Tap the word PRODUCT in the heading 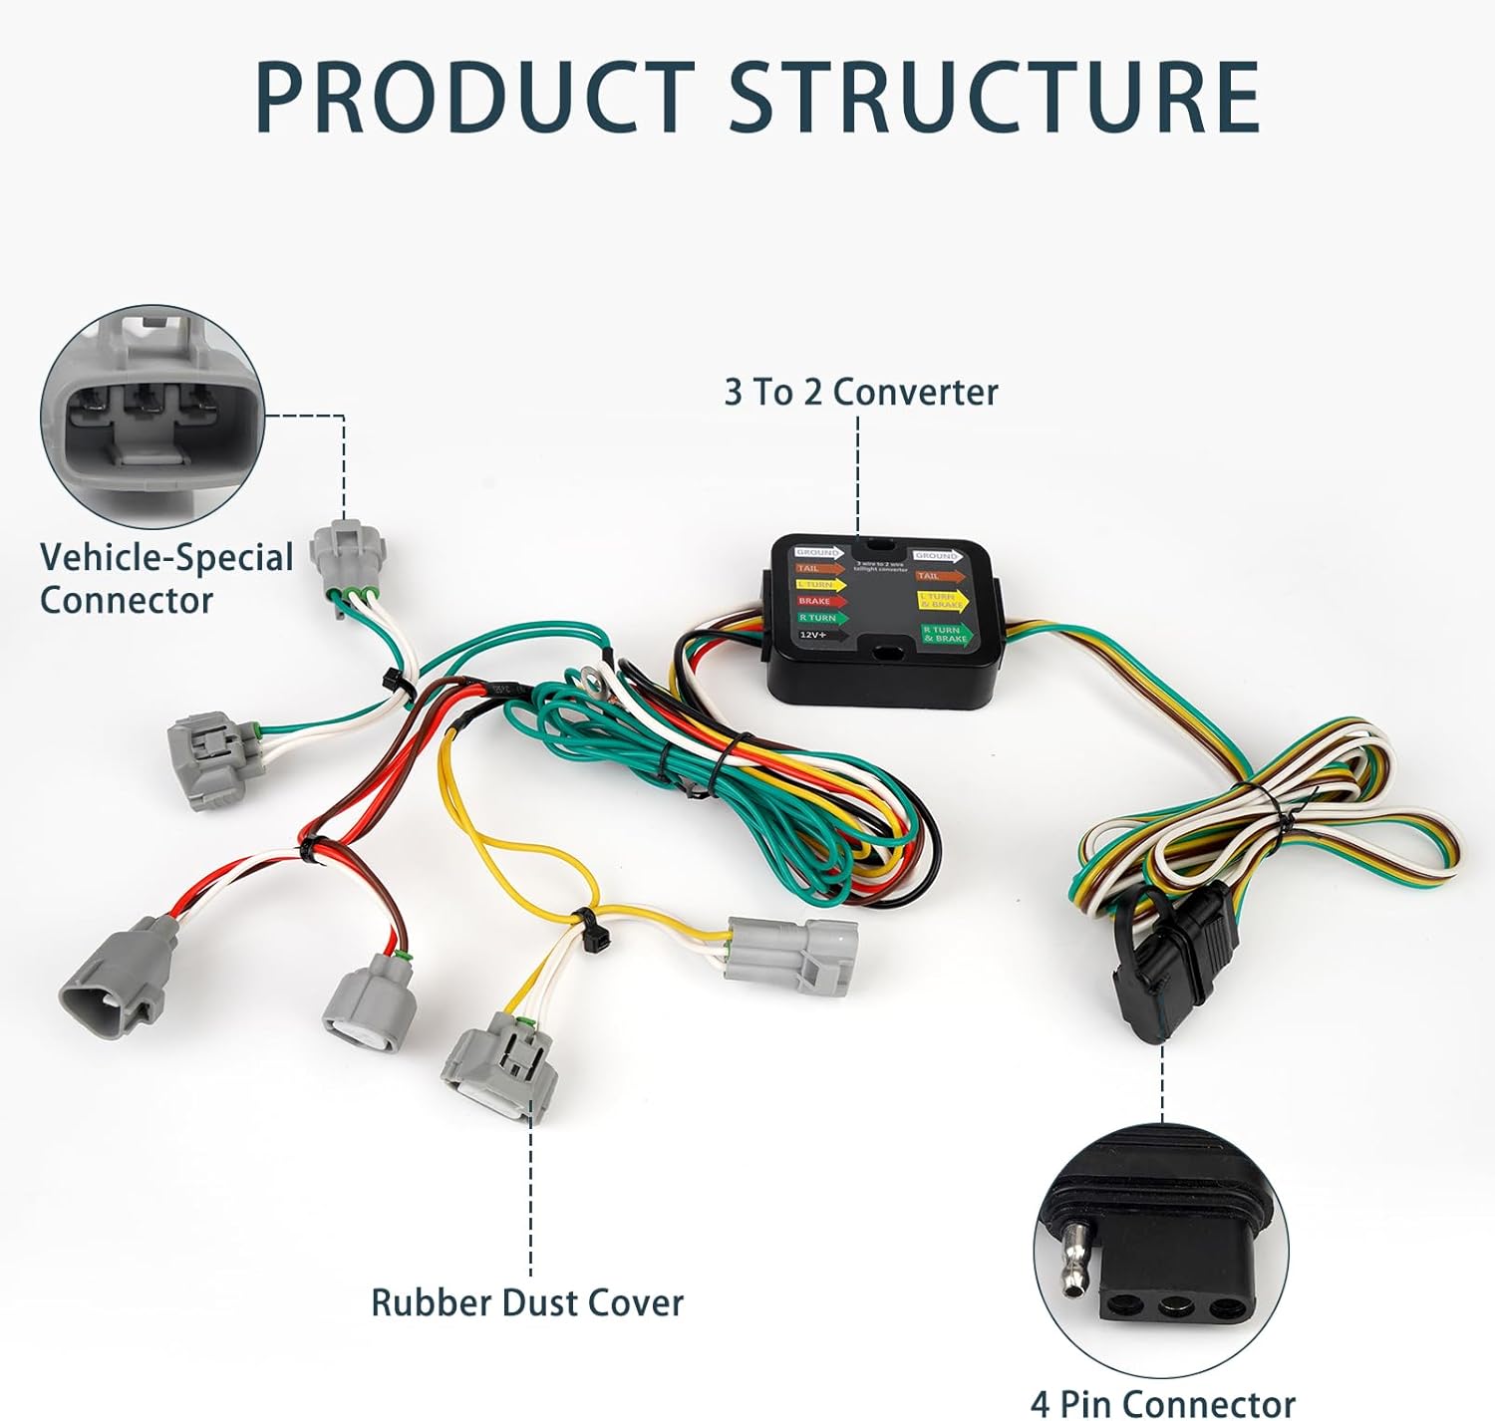pyautogui.click(x=474, y=97)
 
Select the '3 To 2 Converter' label pyautogui.click(x=860, y=393)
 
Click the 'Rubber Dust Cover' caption pyautogui.click(x=526, y=1302)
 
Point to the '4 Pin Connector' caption pyautogui.click(x=1162, y=1402)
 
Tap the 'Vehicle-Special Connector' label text pyautogui.click(x=165, y=578)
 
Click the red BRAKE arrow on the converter pyautogui.click(x=819, y=601)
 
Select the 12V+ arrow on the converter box pyautogui.click(x=819, y=634)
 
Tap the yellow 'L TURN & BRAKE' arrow pyautogui.click(x=942, y=601)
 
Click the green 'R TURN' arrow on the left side pyautogui.click(x=820, y=618)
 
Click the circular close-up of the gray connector pyautogui.click(x=152, y=418)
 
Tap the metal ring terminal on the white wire pyautogui.click(x=593, y=683)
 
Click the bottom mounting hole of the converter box pyautogui.click(x=886, y=656)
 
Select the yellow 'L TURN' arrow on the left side pyautogui.click(x=819, y=585)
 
